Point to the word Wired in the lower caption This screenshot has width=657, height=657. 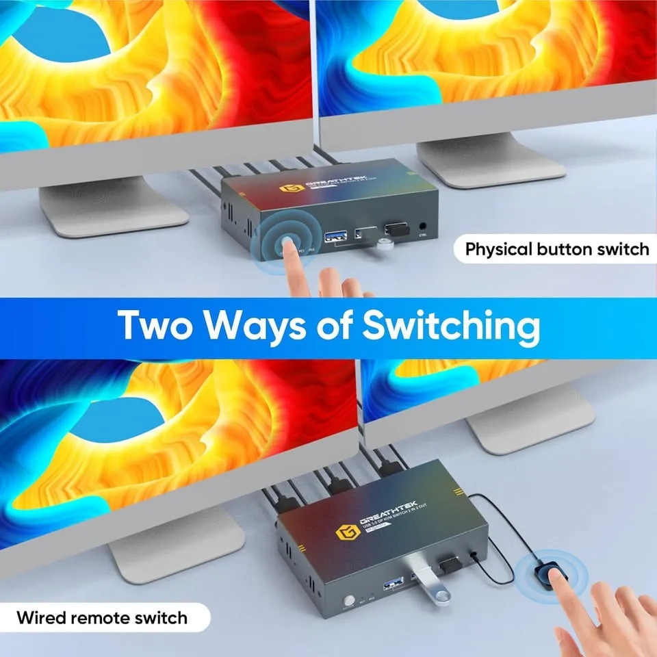click(44, 618)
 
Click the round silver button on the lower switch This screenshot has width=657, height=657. click(349, 600)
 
